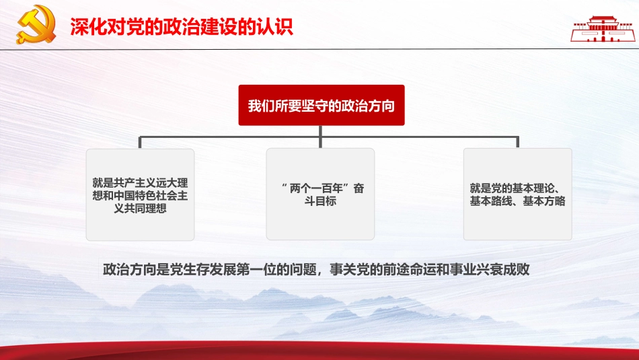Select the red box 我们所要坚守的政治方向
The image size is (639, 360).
pyautogui.click(x=322, y=106)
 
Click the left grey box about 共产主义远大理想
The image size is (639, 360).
pyautogui.click(x=140, y=194)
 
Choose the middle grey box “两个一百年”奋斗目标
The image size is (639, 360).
pyautogui.click(x=321, y=194)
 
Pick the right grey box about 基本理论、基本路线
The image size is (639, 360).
pyautogui.click(x=518, y=194)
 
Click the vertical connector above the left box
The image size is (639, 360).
pyautogui.click(x=140, y=141)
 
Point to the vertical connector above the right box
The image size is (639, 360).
pyautogui.click(x=517, y=141)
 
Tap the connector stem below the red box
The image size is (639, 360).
pyautogui.click(x=322, y=131)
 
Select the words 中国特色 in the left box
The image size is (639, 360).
pyautogui.click(x=141, y=195)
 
